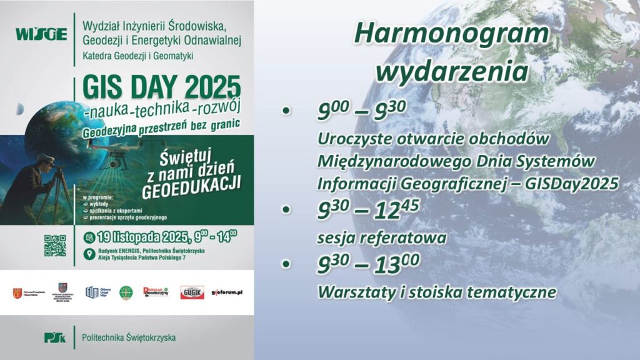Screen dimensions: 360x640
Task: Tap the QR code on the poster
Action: pos(54,245)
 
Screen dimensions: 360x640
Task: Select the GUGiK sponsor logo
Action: pos(192,292)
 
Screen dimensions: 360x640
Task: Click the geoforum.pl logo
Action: pos(227,292)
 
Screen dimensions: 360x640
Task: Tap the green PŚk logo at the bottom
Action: pos(54,337)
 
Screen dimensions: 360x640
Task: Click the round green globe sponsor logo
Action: pos(126,292)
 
